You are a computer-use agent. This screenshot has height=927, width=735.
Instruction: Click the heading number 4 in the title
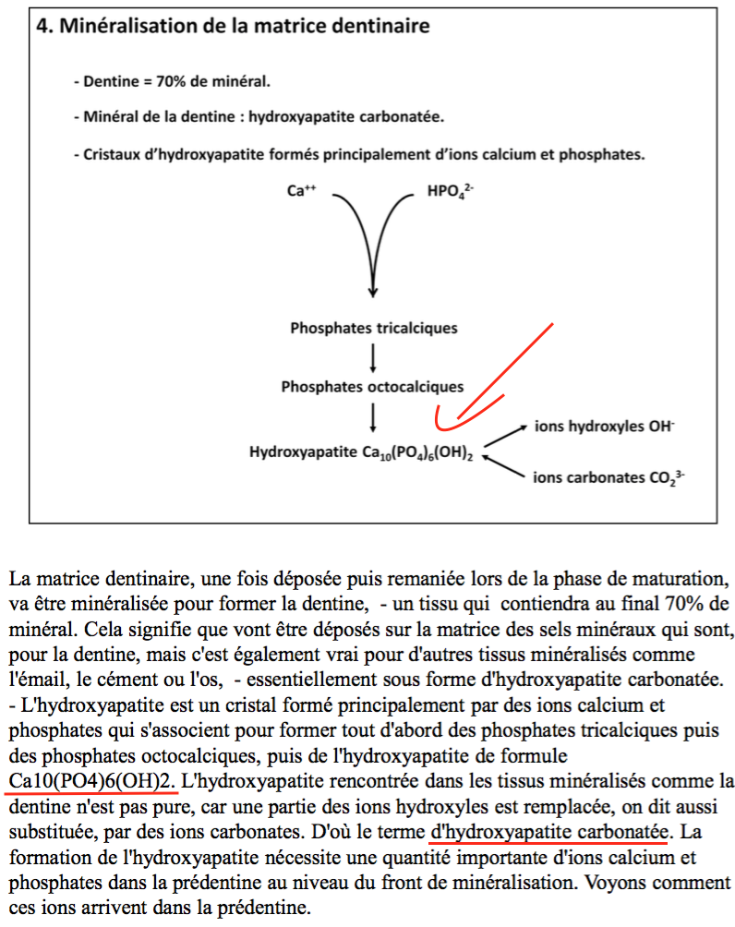click(42, 26)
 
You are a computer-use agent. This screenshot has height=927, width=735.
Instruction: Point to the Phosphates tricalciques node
click(373, 328)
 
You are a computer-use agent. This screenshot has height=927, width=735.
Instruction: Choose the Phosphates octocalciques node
click(372, 387)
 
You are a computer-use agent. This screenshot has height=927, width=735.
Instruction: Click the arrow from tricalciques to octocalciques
click(373, 357)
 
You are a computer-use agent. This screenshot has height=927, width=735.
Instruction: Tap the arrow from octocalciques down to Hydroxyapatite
click(373, 418)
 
